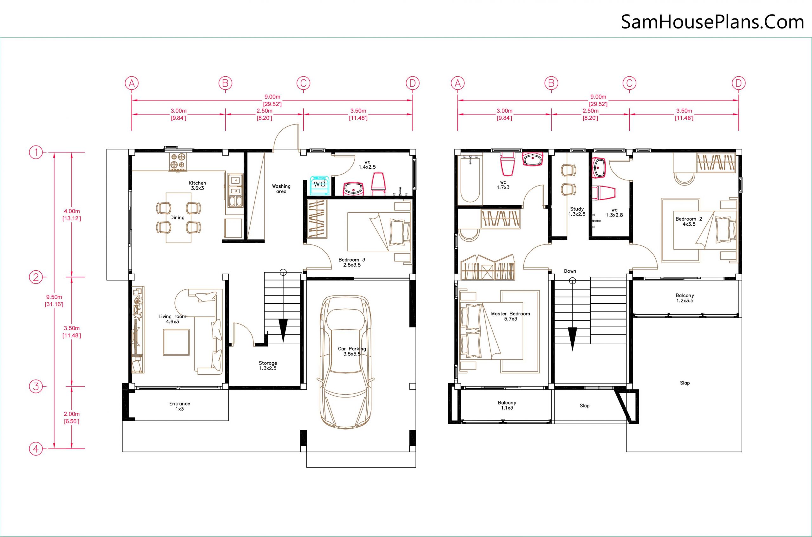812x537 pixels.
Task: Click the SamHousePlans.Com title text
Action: [712, 22]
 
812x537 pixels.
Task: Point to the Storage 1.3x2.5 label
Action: [268, 366]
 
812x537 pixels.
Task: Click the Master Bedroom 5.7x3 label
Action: [510, 316]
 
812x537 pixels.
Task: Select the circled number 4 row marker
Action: [36, 449]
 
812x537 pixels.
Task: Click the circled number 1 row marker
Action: [36, 152]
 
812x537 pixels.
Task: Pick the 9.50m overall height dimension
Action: [54, 300]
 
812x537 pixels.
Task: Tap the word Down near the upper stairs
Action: [570, 271]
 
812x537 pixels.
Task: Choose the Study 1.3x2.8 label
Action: [577, 212]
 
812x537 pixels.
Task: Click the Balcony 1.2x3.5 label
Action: [685, 298]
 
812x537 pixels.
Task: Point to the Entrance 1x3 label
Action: [180, 406]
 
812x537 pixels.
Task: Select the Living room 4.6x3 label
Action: [172, 319]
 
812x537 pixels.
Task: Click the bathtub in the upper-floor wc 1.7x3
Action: [470, 179]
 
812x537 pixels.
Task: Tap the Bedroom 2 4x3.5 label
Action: [689, 222]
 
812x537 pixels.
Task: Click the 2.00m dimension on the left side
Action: [72, 417]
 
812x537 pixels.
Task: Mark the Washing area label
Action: [281, 189]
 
